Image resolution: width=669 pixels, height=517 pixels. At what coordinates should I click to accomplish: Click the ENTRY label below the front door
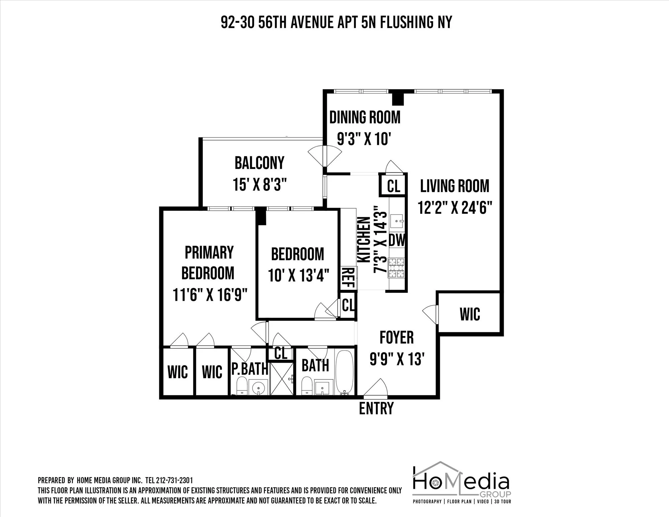tap(376, 409)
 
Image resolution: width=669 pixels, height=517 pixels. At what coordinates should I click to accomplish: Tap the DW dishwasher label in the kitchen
tap(397, 240)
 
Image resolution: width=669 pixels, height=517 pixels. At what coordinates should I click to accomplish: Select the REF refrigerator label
tap(348, 278)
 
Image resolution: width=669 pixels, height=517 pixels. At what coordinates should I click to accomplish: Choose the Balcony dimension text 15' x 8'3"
tap(260, 184)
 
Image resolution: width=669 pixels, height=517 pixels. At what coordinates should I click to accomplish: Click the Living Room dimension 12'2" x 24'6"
tap(455, 207)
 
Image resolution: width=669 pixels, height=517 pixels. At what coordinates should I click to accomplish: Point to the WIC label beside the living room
tap(470, 314)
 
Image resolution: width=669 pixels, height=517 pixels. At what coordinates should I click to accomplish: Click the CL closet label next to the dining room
tap(393, 186)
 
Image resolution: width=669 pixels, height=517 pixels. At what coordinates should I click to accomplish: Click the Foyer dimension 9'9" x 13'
tap(397, 359)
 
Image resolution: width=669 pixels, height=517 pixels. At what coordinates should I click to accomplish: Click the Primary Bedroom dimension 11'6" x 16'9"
tap(210, 295)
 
